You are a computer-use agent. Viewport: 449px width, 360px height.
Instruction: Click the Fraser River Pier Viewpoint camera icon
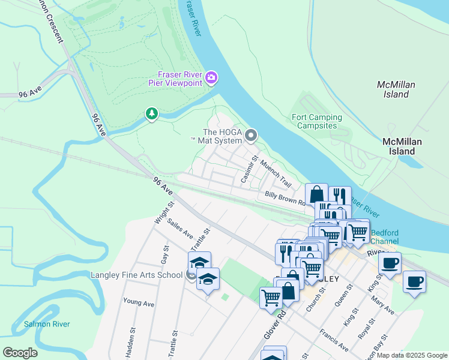click(211, 77)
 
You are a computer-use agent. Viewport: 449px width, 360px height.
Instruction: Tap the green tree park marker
click(151, 113)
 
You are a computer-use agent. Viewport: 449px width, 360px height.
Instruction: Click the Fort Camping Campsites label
click(316, 122)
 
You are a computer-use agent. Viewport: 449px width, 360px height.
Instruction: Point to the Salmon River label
click(47, 324)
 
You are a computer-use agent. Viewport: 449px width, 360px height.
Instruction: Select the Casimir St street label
click(249, 170)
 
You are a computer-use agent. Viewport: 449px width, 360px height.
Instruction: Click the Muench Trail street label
click(276, 175)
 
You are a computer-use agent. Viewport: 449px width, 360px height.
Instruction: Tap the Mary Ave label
click(382, 304)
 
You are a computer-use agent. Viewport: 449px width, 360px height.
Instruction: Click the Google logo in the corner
click(20, 353)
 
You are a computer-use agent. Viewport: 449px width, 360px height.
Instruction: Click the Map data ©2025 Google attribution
click(412, 355)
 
